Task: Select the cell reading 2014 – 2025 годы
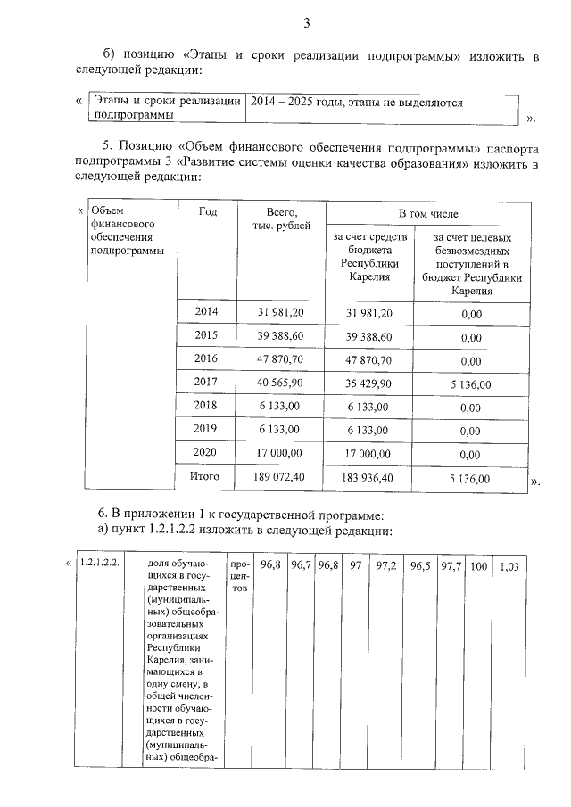(357, 103)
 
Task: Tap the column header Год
(208, 211)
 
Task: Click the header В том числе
(428, 214)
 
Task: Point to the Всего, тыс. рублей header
(282, 218)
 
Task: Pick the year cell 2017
(207, 380)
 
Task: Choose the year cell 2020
(207, 451)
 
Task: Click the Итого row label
(207, 477)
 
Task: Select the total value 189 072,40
(281, 477)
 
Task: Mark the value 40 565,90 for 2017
(281, 381)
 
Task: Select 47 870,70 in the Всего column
(281, 357)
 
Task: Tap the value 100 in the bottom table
(479, 565)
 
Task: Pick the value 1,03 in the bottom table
(508, 566)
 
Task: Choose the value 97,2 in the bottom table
(387, 565)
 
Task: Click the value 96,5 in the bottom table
(419, 565)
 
